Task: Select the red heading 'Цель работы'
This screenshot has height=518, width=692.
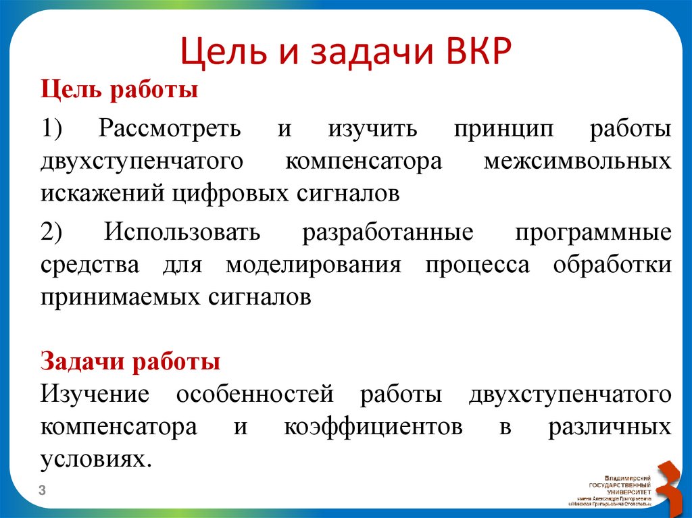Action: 120,89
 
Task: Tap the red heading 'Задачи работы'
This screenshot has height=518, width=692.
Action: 130,361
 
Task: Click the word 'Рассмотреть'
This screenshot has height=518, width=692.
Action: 169,128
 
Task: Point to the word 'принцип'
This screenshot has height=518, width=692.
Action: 497,128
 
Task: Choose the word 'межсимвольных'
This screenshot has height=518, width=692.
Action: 578,161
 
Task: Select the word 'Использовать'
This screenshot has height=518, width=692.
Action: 182,232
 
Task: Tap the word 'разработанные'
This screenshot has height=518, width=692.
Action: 387,232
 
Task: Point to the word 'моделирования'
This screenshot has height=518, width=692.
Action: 313,265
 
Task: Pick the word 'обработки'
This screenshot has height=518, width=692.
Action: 612,265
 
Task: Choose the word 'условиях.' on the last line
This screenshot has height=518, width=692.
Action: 93,459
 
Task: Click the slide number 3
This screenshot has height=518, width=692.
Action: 42,490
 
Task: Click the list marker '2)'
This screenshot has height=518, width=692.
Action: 52,232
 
